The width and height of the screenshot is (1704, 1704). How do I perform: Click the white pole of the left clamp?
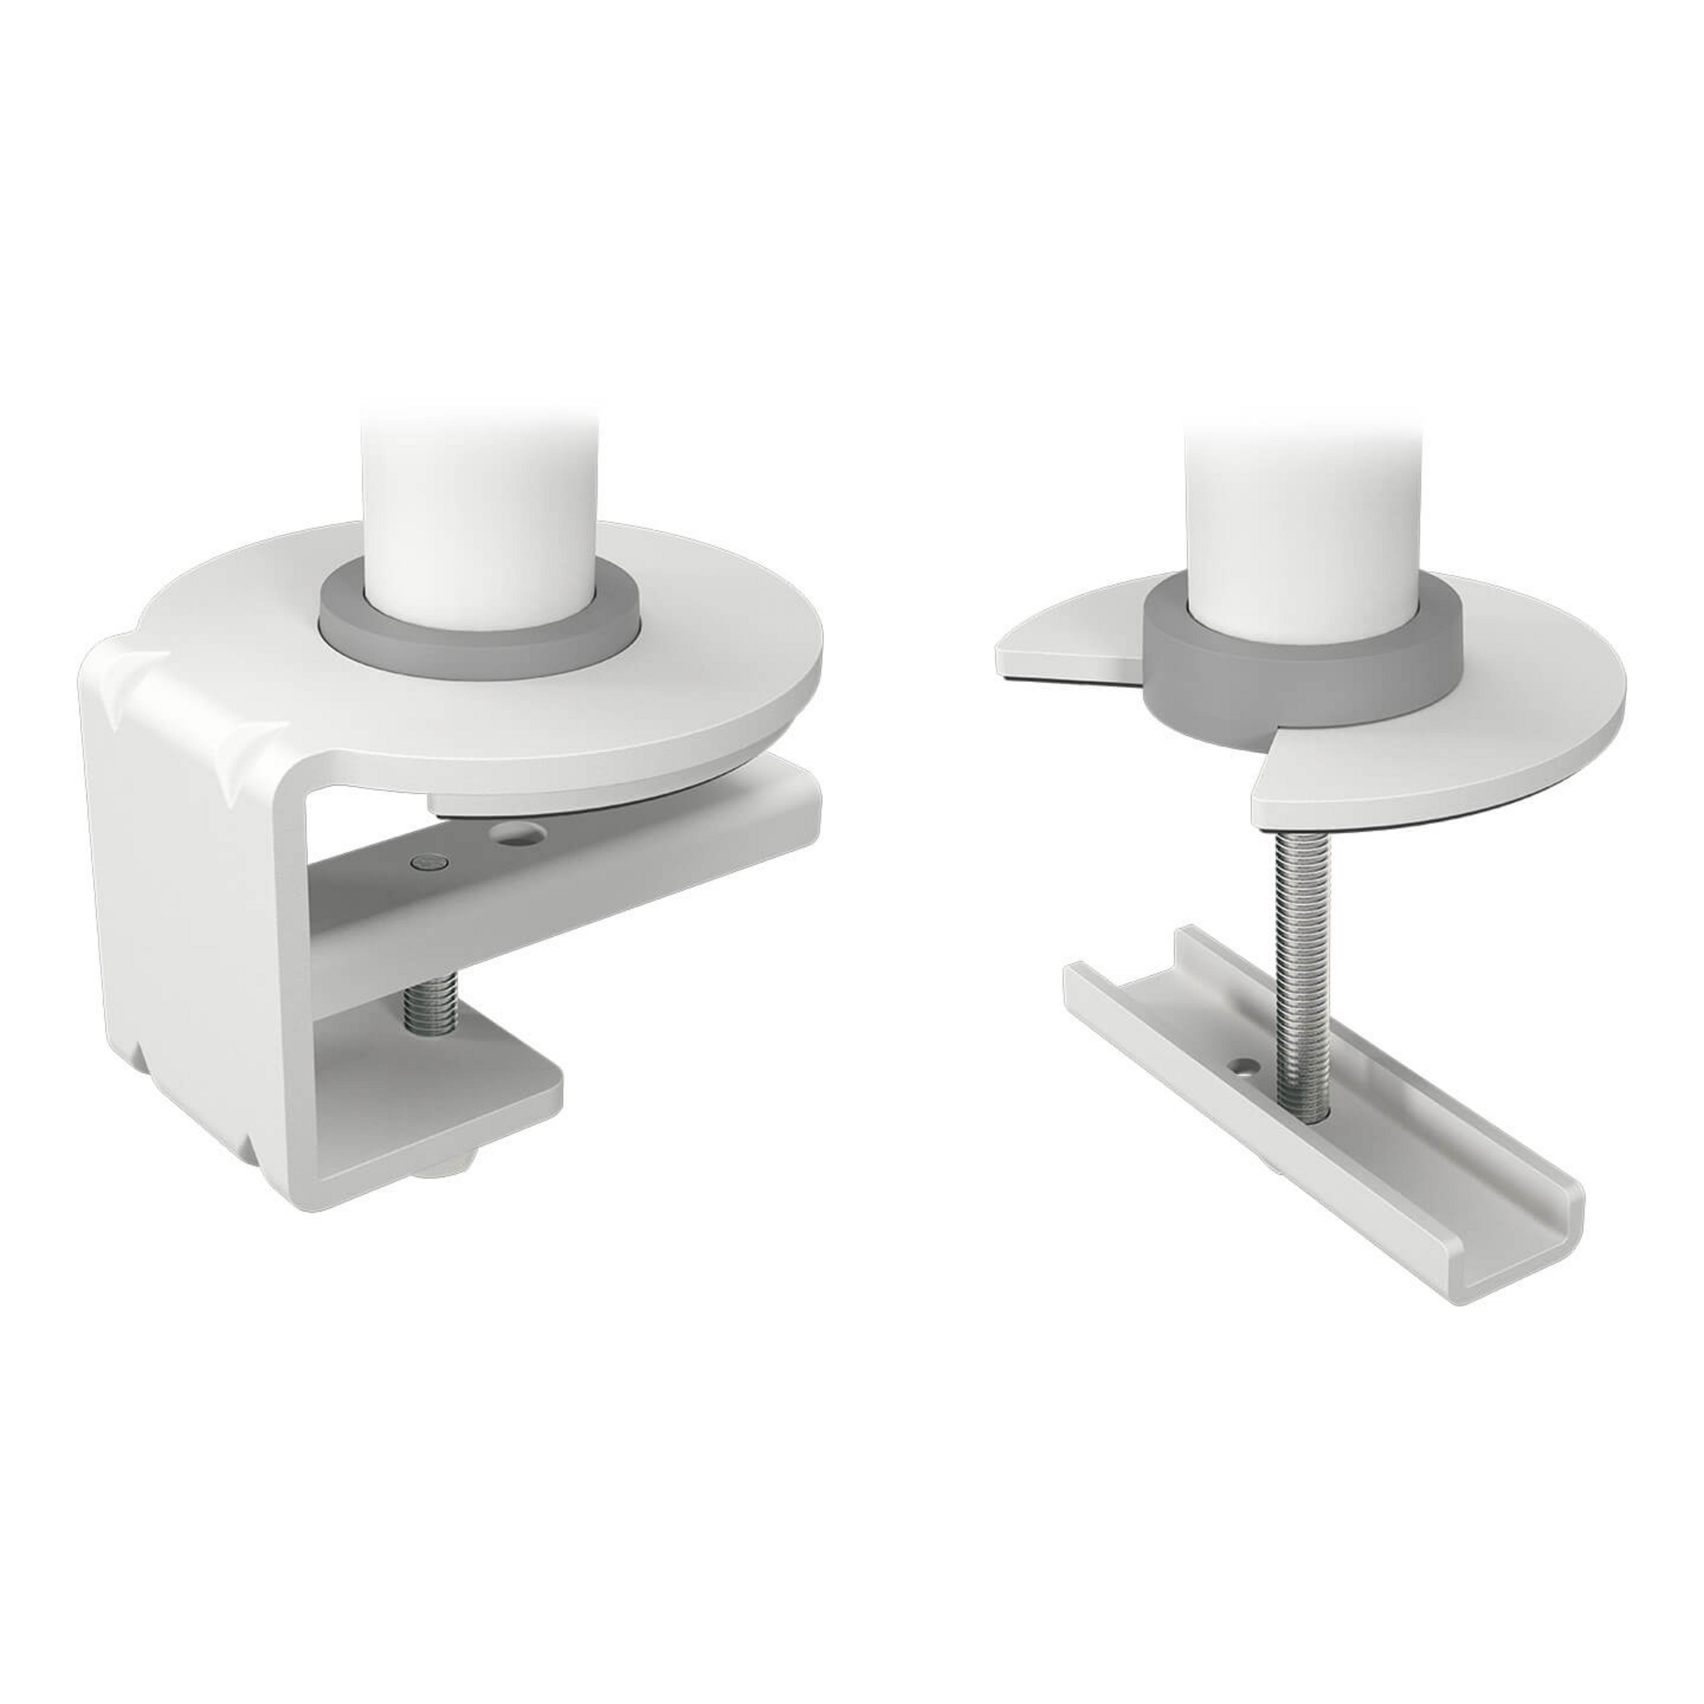[479, 494]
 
